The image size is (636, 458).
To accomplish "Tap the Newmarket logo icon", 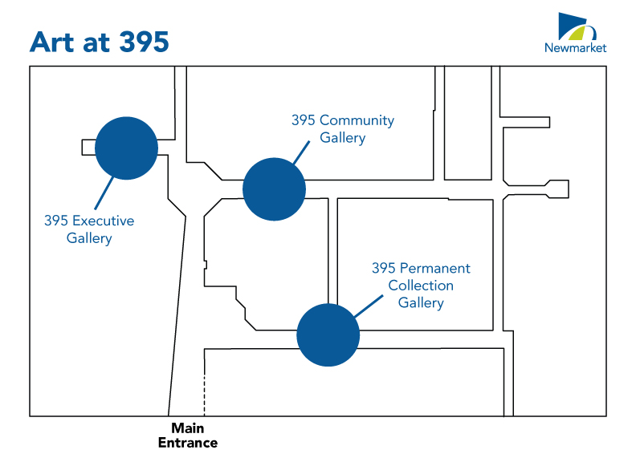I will click(x=575, y=28).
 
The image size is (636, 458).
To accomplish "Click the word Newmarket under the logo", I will click(x=575, y=48).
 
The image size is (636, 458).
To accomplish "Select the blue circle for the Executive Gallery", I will click(x=126, y=148).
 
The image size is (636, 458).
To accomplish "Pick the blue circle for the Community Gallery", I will click(x=275, y=188).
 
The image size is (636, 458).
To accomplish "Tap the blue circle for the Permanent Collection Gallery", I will click(x=328, y=334).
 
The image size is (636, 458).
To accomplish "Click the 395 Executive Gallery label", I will click(x=89, y=229).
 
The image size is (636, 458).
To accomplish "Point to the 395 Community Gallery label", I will click(x=343, y=129).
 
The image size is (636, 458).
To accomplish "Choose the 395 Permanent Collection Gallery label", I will click(x=421, y=286).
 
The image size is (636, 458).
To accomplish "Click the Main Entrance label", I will click(x=187, y=436).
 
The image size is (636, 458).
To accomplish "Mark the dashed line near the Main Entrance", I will click(x=205, y=395).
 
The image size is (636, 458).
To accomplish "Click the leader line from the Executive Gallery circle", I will click(x=103, y=193).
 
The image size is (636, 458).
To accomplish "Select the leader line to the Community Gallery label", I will click(x=301, y=153).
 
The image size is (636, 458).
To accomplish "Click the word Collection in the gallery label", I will click(x=421, y=286).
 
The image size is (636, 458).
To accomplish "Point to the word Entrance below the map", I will click(x=187, y=443).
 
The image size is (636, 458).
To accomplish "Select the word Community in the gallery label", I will click(x=357, y=120).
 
